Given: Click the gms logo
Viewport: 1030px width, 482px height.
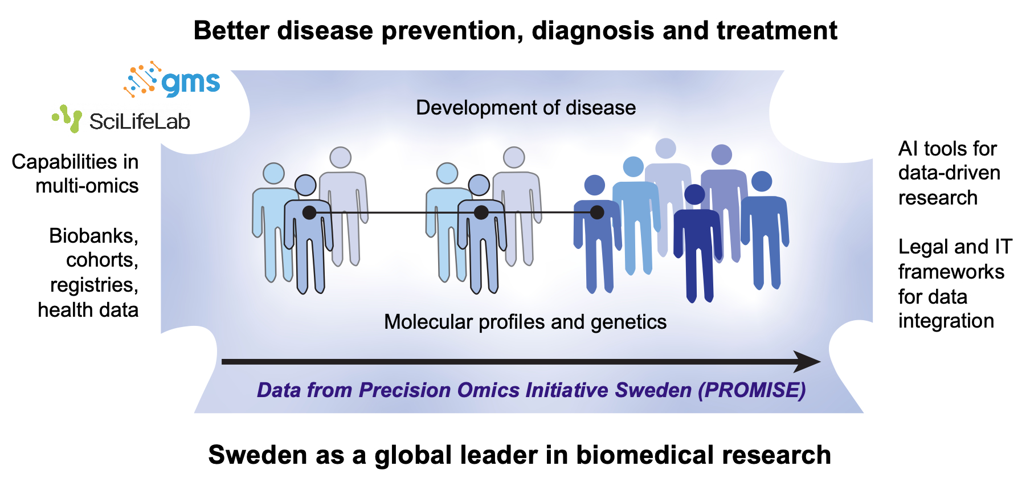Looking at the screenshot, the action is tap(172, 79).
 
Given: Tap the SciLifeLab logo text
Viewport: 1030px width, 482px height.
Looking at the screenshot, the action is tap(140, 121).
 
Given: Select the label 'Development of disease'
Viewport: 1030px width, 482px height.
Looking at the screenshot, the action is tap(526, 107).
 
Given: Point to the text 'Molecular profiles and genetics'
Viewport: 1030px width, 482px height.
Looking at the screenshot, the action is tap(525, 322).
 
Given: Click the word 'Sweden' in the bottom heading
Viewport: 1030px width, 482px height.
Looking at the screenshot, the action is tap(247, 455).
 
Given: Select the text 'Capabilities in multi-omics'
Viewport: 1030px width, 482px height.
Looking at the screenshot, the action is tap(75, 174).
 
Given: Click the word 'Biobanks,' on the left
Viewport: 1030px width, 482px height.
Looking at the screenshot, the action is tap(94, 235).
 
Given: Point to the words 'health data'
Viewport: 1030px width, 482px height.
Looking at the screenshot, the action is tap(88, 310).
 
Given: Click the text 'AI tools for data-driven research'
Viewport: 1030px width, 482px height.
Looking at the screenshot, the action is tap(949, 173).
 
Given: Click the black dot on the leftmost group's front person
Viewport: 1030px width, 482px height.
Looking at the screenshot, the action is tap(309, 213).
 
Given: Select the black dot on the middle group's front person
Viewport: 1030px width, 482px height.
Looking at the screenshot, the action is tap(481, 213).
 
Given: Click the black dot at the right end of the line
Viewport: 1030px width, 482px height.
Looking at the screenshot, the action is tap(597, 213).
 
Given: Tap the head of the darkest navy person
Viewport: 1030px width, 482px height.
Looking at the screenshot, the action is tap(694, 194).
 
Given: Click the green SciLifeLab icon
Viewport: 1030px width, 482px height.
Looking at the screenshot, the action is tap(67, 119).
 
